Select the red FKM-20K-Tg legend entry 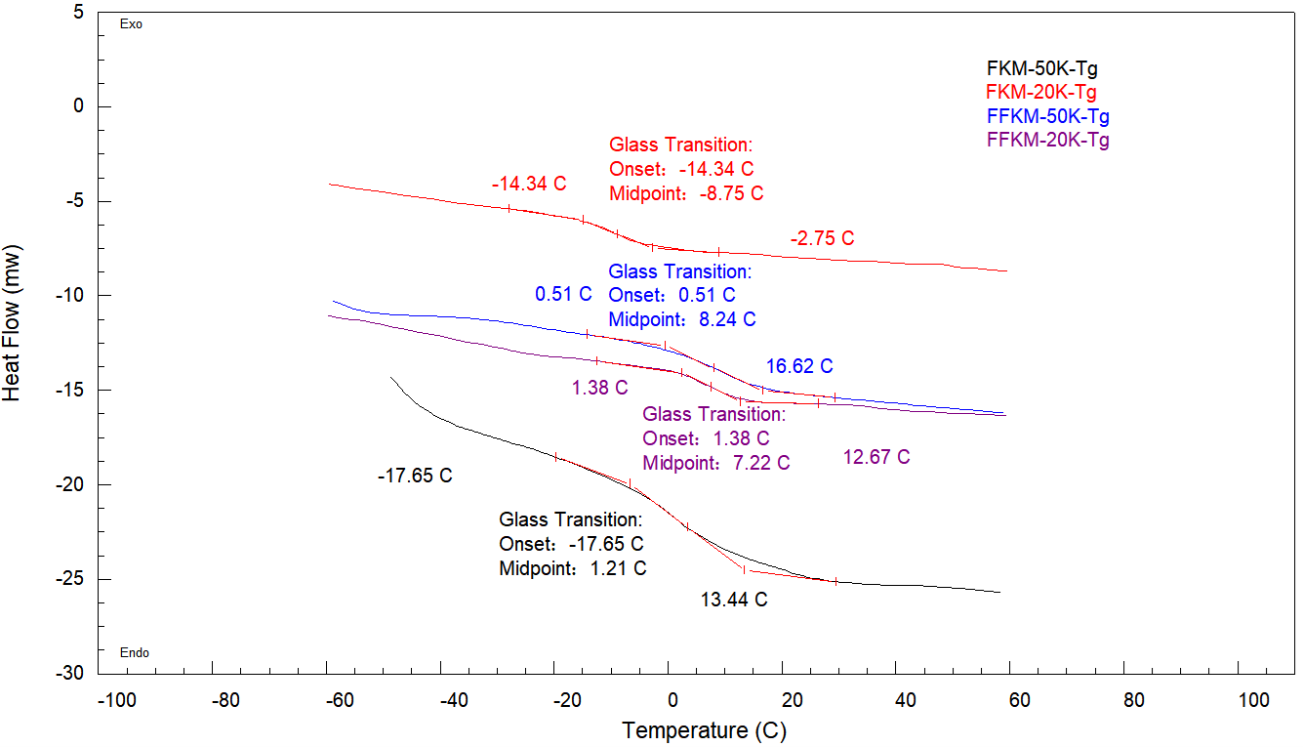tap(1041, 93)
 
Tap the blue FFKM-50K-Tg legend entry tap(1047, 116)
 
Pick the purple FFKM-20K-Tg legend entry tap(1048, 140)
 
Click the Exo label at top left tap(131, 25)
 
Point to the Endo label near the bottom tap(134, 653)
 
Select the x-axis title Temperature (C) tap(704, 730)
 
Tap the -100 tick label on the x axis tap(115, 700)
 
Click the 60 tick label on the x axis tap(1018, 700)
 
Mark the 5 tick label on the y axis tap(78, 12)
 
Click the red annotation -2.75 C tap(822, 238)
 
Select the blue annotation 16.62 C tap(798, 366)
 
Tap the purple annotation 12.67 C tap(876, 457)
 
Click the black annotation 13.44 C tap(734, 600)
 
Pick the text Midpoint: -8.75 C tap(686, 193)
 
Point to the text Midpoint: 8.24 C tap(681, 318)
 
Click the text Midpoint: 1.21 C tap(572, 568)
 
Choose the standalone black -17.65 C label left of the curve tap(415, 477)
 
